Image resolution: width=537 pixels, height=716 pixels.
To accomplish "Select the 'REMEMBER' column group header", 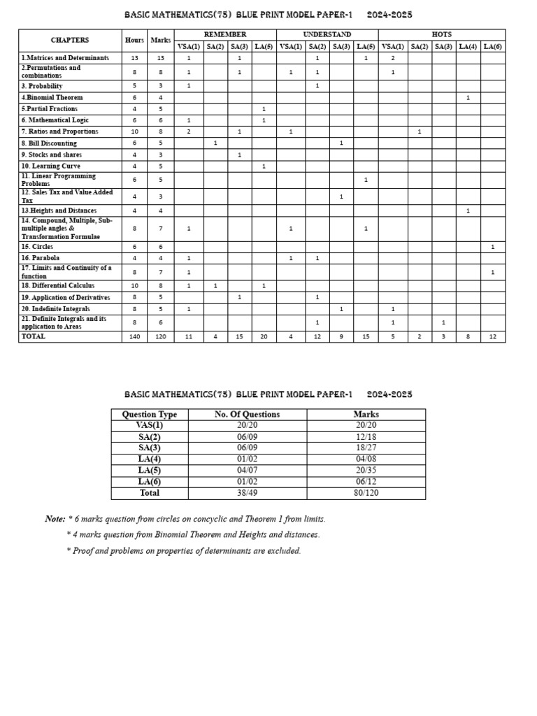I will pyautogui.click(x=225, y=34).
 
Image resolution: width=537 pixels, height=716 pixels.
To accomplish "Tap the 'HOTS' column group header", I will pyautogui.click(x=441, y=34).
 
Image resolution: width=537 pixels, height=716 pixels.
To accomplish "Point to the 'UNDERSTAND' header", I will pyautogui.click(x=327, y=34).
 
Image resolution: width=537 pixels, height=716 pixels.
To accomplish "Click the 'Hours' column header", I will pyautogui.click(x=134, y=40).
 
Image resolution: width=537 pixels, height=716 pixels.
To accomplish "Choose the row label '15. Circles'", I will pyautogui.click(x=37, y=247).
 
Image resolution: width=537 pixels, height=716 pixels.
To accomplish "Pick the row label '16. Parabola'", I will pyautogui.click(x=40, y=258).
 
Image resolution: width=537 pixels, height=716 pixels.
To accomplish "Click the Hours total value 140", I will pyautogui.click(x=134, y=336).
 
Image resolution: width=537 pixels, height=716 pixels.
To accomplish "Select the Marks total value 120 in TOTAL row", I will pyautogui.click(x=160, y=336).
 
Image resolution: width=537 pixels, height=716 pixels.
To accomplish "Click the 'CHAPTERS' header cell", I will pyautogui.click(x=70, y=40).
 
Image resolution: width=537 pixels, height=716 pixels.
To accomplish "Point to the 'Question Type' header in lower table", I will pyautogui.click(x=150, y=414).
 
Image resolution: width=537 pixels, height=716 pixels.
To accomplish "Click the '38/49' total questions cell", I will pyautogui.click(x=247, y=493).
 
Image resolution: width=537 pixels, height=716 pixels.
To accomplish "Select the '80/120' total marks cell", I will pyautogui.click(x=366, y=493).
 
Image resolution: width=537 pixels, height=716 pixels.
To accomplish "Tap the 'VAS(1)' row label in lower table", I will pyautogui.click(x=149, y=425).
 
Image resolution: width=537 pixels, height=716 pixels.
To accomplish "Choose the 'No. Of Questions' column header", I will pyautogui.click(x=247, y=414).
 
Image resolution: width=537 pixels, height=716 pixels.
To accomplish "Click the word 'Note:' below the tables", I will pyautogui.click(x=55, y=519).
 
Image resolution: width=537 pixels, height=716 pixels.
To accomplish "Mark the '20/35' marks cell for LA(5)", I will pyautogui.click(x=366, y=471).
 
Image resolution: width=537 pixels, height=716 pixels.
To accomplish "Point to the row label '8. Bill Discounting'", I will pyautogui.click(x=49, y=143).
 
